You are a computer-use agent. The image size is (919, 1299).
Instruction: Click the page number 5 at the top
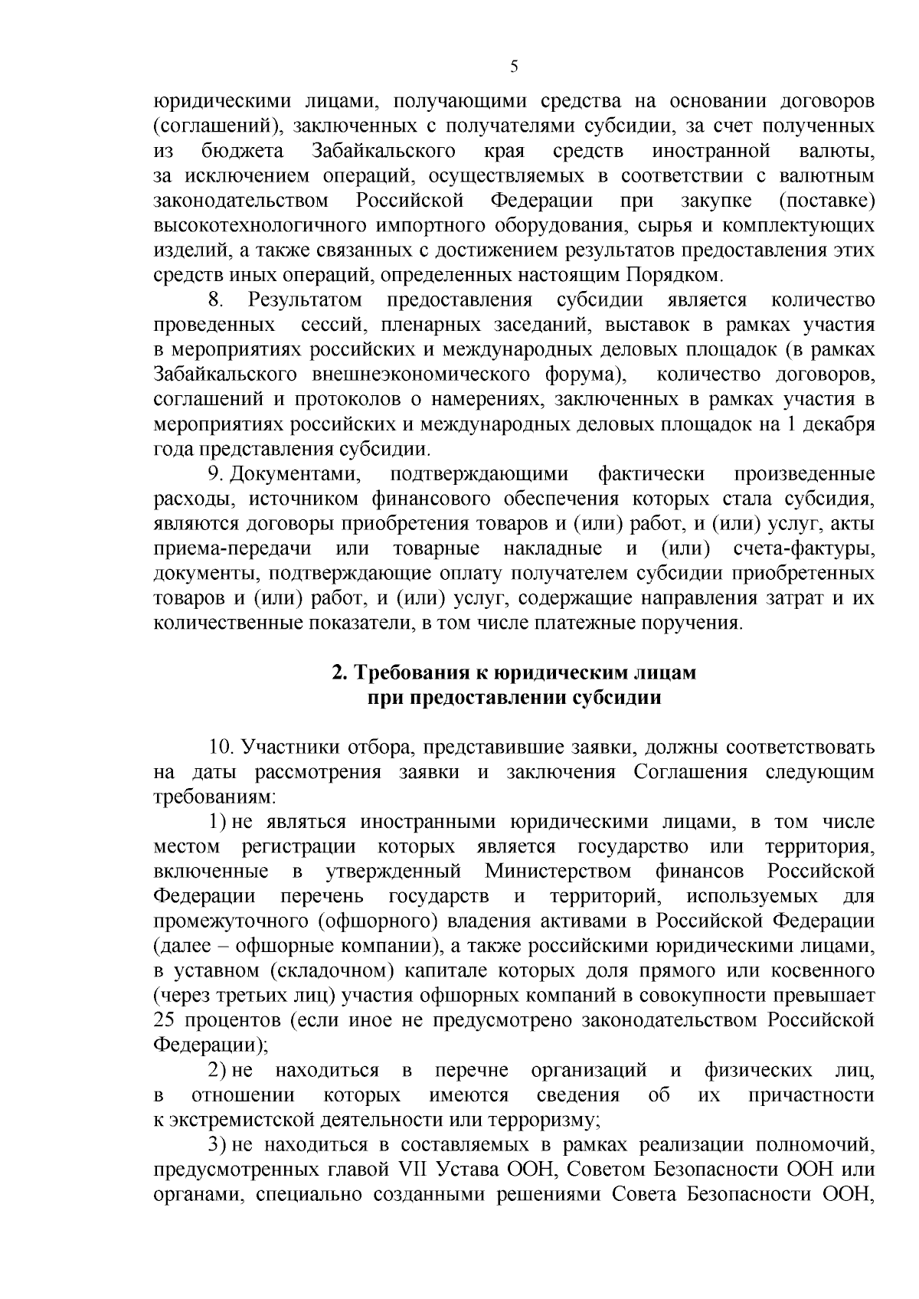click(514, 67)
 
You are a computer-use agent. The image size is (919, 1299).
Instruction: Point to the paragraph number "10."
click(222, 747)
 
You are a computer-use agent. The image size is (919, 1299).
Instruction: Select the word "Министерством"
click(558, 872)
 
